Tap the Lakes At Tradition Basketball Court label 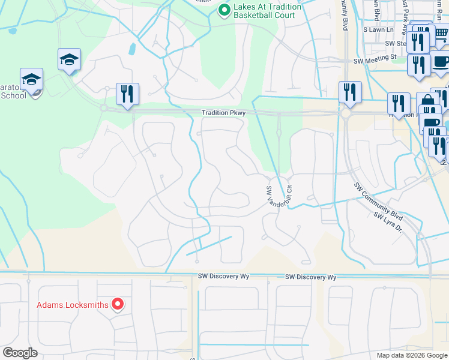coord(265,10)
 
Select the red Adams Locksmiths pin coord(118,305)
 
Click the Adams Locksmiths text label coord(73,305)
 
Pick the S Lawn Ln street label coord(378,29)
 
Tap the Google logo coord(20,353)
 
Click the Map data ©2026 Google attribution coord(412,355)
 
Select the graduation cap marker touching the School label coord(31,80)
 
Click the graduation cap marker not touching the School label coord(69,60)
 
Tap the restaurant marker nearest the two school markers coord(127,94)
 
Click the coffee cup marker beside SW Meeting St coord(441,62)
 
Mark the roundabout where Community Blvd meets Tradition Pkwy coord(346,113)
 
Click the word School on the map coord(13,95)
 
